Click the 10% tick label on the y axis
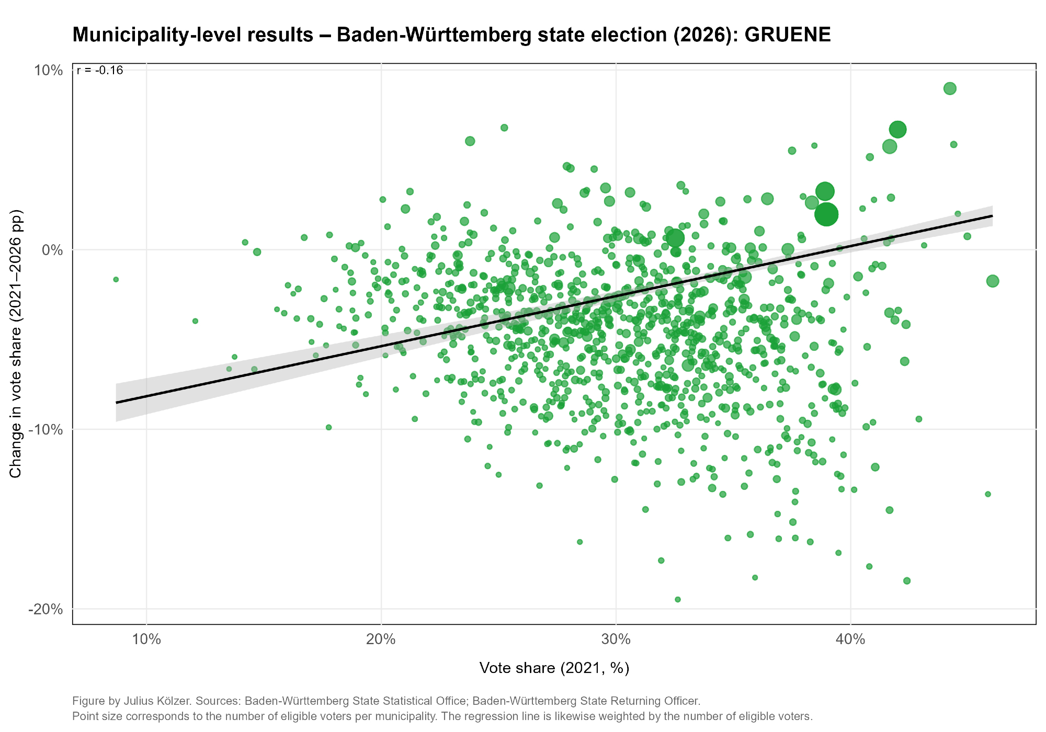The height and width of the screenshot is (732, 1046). [x=49, y=70]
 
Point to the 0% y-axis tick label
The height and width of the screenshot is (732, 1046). [x=52, y=250]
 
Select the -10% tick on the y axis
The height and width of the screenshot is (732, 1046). [x=47, y=430]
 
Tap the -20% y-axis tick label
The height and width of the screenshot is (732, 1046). [x=47, y=609]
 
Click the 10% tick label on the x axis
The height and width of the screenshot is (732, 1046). [x=146, y=639]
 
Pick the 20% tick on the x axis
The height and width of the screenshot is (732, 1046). [x=381, y=639]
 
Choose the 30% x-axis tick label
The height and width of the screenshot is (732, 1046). [x=616, y=639]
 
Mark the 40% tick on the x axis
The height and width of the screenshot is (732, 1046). [x=851, y=639]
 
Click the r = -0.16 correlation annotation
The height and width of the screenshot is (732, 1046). [x=100, y=71]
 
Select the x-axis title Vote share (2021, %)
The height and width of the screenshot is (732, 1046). [x=554, y=668]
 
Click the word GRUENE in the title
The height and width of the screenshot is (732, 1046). [x=787, y=35]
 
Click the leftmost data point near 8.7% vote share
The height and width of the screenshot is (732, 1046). [x=116, y=280]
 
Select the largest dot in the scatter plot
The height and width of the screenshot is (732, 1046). [x=826, y=214]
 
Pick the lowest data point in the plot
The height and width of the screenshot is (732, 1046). [x=678, y=599]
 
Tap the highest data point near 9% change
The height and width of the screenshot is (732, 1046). [x=950, y=88]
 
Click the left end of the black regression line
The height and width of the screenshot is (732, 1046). [x=117, y=403]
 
